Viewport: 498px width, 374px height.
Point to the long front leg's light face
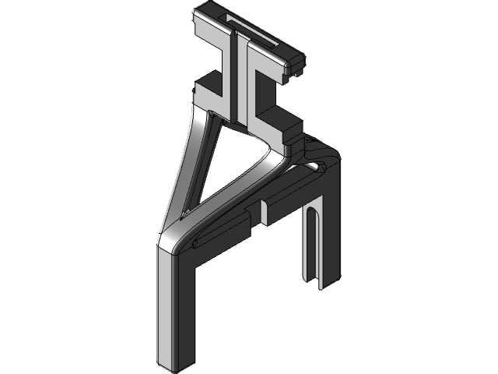[x=171, y=304]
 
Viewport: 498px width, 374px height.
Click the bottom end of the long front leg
[x=176, y=365]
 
